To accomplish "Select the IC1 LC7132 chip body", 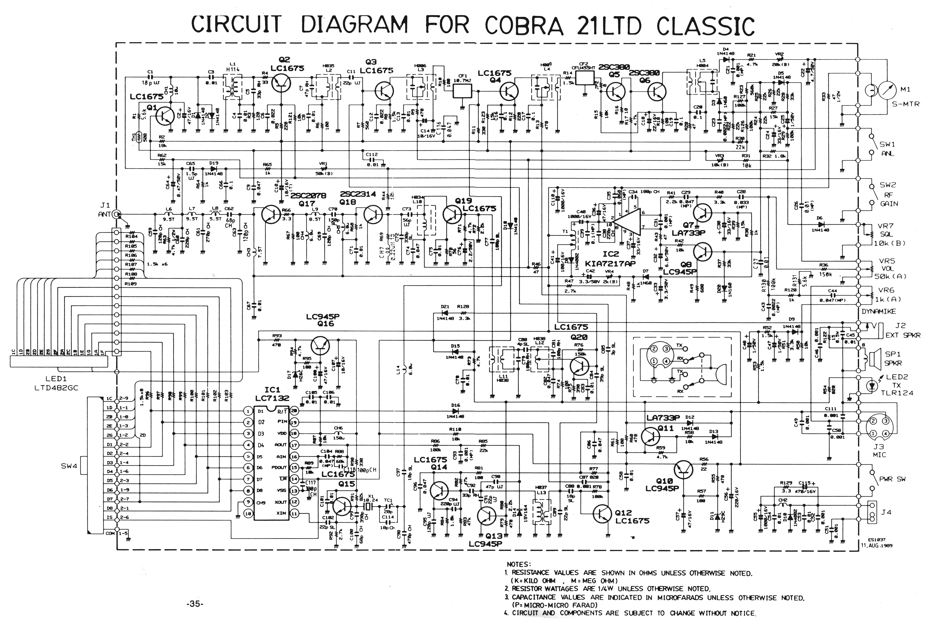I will click(x=271, y=463).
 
